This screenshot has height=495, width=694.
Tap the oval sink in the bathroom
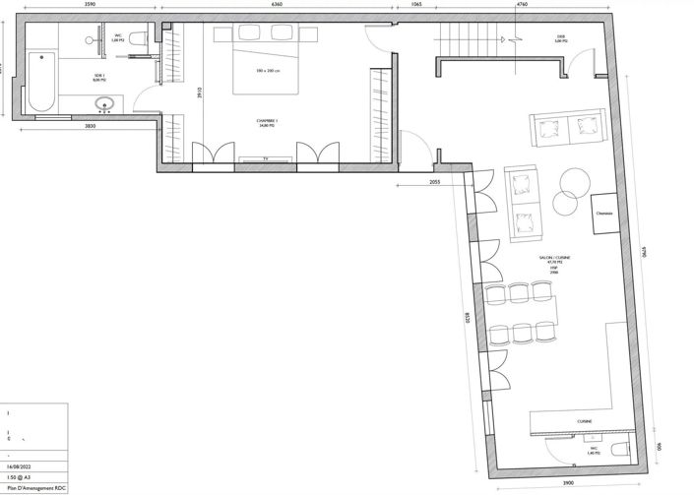pos(103,103)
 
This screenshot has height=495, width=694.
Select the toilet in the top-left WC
pos(138,38)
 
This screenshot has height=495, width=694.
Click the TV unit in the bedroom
pos(265,157)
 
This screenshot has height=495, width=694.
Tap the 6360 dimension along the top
pos(280,4)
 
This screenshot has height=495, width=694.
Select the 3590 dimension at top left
pos(90,4)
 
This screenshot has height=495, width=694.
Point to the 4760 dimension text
pos(522,4)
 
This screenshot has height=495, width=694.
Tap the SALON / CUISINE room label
pos(553,257)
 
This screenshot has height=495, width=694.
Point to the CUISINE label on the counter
pos(585,422)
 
